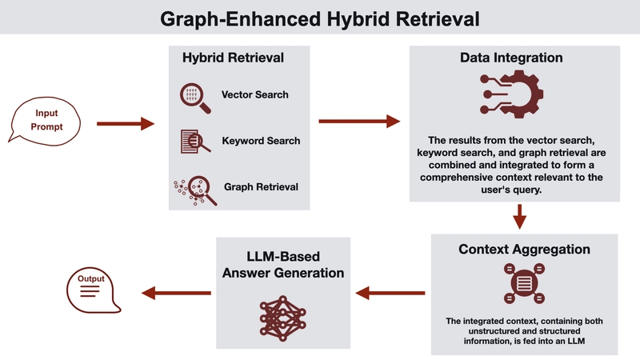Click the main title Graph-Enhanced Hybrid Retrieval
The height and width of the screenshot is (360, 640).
(319, 18)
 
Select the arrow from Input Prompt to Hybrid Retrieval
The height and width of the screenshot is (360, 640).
(124, 124)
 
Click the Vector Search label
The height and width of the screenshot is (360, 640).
(255, 94)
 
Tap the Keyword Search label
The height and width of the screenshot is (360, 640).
(261, 141)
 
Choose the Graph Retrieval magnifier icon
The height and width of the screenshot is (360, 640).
(192, 188)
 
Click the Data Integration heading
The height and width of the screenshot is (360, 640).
(511, 58)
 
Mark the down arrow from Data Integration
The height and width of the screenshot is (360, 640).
(520, 215)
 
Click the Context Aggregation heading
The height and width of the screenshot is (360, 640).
(525, 250)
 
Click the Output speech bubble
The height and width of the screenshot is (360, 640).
(90, 288)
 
